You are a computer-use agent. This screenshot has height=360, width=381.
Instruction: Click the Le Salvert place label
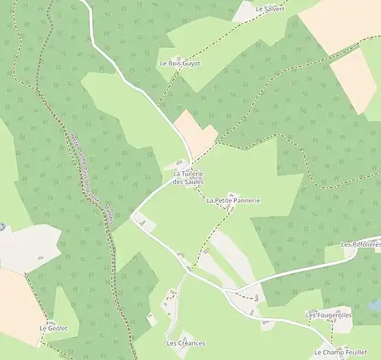click(x=270, y=9)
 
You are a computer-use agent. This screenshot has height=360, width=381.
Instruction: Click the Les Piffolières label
click(x=360, y=245)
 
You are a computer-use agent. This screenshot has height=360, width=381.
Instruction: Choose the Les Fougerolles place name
click(x=328, y=314)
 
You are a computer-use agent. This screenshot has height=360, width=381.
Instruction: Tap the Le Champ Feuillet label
click(x=340, y=352)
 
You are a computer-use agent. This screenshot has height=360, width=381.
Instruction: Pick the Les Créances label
click(x=185, y=343)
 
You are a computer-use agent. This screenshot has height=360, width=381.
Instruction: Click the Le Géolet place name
click(x=53, y=328)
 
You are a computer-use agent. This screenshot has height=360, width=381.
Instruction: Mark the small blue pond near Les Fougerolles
click(x=374, y=305)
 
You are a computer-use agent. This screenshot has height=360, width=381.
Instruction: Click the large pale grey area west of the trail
click(x=29, y=247)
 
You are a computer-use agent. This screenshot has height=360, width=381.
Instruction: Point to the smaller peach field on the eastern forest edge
click(x=354, y=80)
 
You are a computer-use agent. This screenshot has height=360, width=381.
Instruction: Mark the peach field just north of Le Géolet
click(x=19, y=301)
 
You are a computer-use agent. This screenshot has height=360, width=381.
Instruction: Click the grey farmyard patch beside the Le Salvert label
click(x=245, y=11)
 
